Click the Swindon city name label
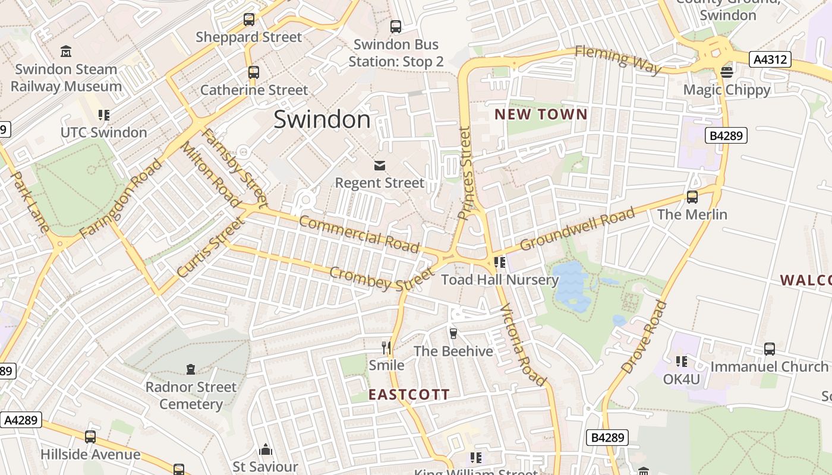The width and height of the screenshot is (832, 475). point(322,120)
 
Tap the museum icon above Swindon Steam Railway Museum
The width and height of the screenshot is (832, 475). point(66,52)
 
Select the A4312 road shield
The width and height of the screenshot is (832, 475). point(770,59)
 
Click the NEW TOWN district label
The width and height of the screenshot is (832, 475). point(541,115)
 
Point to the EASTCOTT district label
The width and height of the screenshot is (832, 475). point(409,394)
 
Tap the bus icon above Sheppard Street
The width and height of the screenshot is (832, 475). point(249,20)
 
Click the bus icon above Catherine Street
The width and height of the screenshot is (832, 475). point(254,72)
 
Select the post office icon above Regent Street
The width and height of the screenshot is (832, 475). point(379,165)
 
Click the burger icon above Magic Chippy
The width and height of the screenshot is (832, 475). point(726,72)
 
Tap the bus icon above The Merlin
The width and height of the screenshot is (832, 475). point(692,197)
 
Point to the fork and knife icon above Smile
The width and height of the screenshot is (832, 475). point(386,347)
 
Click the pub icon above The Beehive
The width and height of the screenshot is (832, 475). point(453,333)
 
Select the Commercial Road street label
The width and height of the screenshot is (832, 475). point(359,233)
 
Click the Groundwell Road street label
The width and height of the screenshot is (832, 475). point(577,229)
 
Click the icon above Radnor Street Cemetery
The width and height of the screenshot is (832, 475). point(191,369)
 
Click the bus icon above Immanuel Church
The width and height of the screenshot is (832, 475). point(770,349)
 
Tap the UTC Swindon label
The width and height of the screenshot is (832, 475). point(104,132)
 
